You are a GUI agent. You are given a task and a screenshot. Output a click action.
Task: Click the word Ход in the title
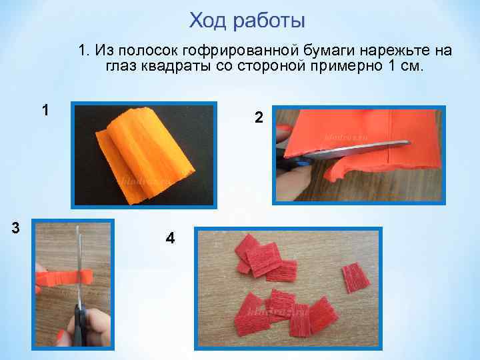click(x=208, y=21)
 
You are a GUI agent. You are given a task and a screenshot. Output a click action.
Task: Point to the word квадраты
click(x=175, y=66)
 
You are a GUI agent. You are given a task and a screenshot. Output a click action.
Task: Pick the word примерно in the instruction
click(x=347, y=67)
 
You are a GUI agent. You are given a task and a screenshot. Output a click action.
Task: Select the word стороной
click(x=271, y=66)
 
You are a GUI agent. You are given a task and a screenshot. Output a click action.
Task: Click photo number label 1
click(x=45, y=110)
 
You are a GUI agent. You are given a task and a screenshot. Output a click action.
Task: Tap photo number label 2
click(x=259, y=117)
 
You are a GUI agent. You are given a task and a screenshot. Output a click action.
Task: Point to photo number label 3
click(x=15, y=228)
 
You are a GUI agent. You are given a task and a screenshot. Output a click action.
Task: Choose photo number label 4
click(x=170, y=238)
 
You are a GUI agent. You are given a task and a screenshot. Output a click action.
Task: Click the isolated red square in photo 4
click(x=355, y=277)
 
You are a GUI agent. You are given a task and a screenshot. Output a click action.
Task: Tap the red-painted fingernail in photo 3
click(x=60, y=336)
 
